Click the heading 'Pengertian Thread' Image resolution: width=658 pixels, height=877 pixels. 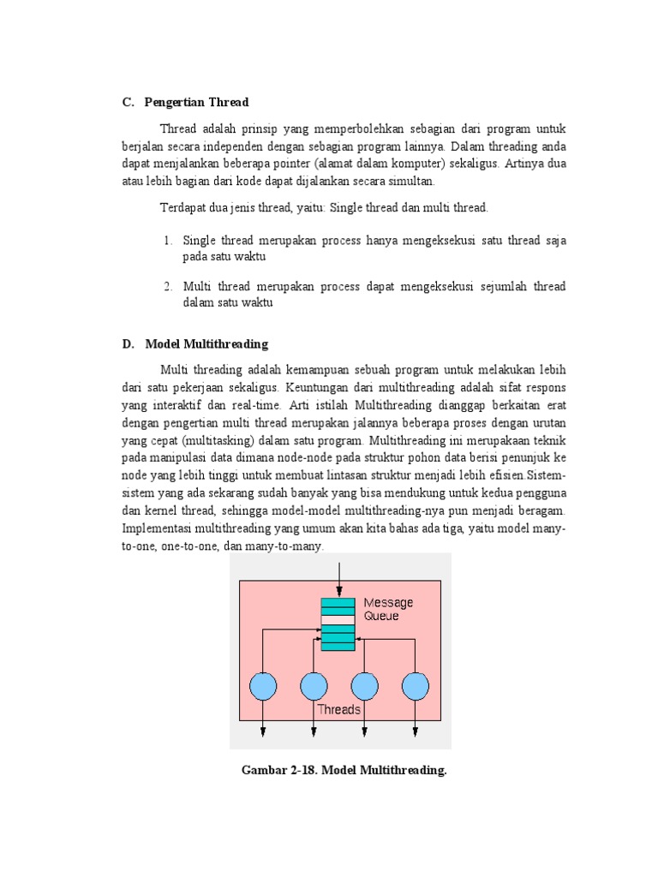[x=197, y=103]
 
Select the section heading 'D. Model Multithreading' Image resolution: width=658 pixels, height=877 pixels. [x=195, y=344]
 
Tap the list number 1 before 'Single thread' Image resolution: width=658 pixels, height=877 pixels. [x=168, y=241]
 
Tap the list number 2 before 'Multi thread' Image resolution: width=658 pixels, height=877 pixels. [x=168, y=286]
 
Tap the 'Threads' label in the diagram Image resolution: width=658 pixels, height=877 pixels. [x=338, y=709]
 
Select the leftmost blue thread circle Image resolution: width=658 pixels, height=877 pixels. [x=262, y=686]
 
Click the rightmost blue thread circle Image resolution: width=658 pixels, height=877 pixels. [x=416, y=686]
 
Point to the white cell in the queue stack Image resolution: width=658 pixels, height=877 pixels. [x=338, y=620]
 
